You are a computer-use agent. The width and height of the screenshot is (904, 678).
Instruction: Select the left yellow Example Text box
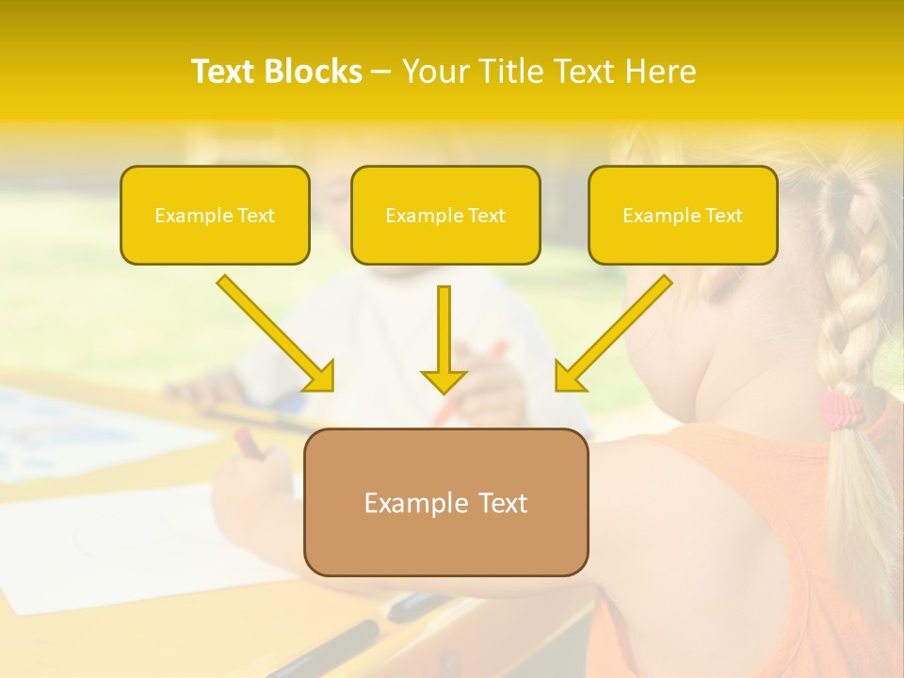point(215,216)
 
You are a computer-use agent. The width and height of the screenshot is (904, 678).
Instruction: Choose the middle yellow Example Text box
point(445,216)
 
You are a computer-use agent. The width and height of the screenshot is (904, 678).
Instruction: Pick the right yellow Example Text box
point(683,216)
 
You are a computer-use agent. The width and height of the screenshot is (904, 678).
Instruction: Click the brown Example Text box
point(445,502)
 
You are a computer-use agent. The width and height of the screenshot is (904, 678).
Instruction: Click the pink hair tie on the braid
point(840,409)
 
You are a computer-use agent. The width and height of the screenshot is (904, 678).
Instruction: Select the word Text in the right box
point(723,216)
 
